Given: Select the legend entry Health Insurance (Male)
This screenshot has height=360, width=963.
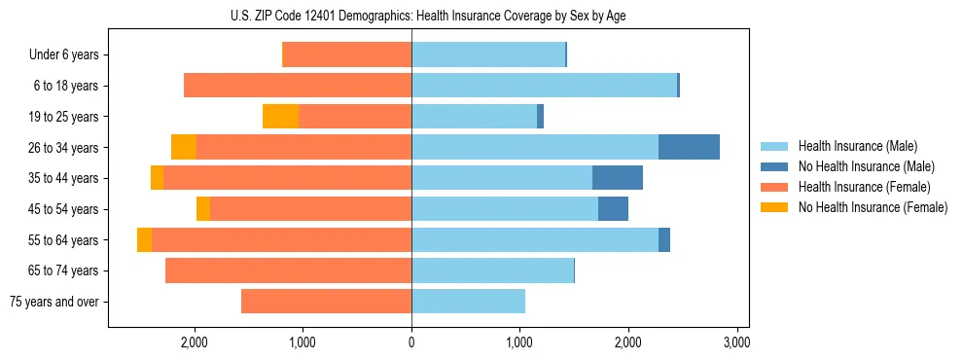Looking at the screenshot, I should coord(852,146).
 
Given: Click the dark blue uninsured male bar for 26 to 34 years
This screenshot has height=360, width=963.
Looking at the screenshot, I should coord(689,147).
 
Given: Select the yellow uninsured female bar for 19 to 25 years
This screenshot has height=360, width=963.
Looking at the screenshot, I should coord(280,117).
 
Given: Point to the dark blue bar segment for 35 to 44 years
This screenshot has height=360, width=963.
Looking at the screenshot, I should coord(618,178).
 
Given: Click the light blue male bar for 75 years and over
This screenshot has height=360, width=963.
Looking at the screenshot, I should coord(468,302).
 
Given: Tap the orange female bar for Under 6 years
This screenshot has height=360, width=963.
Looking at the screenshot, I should coord(346,54).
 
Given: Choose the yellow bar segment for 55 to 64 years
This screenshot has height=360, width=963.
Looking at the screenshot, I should coord(144,240).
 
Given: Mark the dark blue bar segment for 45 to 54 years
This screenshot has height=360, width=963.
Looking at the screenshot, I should coord(613,209).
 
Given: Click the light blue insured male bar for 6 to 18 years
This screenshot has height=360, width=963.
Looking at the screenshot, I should coord(544,86).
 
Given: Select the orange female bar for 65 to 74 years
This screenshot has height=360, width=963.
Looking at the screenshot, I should coord(288,270).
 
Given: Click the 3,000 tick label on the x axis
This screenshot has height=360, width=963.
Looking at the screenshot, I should coord(736,342).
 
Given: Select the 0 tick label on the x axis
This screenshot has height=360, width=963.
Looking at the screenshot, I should coord(411,342).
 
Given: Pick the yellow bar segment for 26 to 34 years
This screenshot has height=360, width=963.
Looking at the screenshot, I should coord(184,147).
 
